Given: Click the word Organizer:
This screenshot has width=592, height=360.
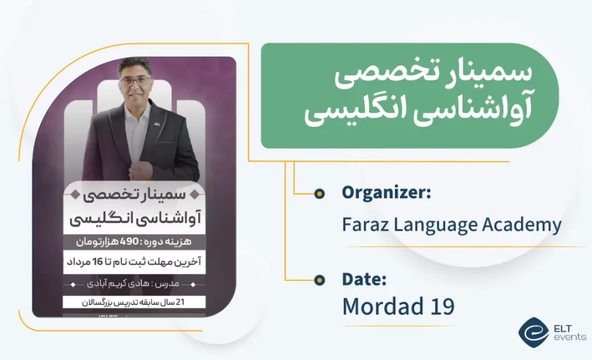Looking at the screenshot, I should pos(386,193).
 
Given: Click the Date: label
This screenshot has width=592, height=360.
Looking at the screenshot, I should pos(365,280).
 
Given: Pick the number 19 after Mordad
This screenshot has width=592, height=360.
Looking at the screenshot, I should pos(441,306).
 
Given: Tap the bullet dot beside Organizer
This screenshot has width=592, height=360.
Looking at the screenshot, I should pos(320,194).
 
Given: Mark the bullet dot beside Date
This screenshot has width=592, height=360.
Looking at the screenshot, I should pos(320,280).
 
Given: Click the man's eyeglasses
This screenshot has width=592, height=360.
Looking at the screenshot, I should pos(134,81).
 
